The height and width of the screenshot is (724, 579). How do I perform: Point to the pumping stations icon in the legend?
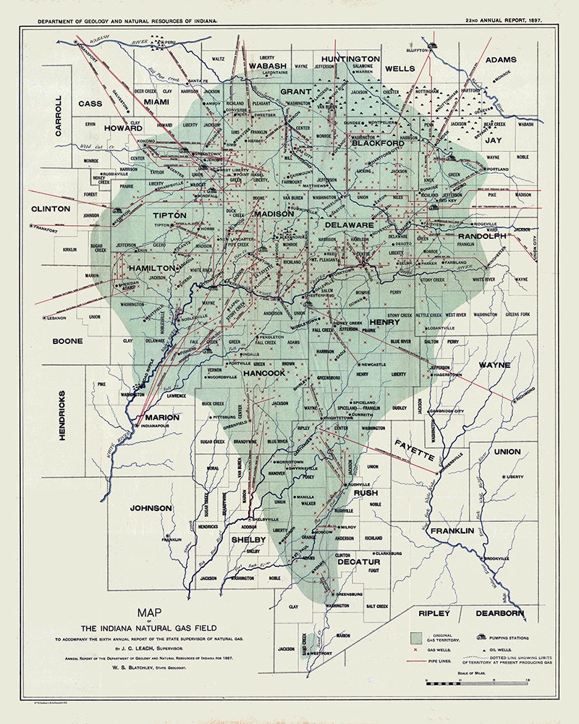pos(481,638)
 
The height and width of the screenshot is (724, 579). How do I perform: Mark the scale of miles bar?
pos(476,682)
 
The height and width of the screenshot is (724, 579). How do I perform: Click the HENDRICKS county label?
pos(62,416)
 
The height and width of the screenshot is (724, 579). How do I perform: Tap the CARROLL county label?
pos(59,117)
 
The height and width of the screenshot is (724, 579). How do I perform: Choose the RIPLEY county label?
pos(434,613)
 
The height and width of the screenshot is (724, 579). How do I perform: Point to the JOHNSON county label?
pos(151,508)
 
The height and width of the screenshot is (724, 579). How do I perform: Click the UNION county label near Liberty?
pos(507,452)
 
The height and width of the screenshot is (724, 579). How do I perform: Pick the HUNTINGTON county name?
pos(351,58)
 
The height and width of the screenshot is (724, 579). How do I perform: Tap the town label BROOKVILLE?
pos(498,559)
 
